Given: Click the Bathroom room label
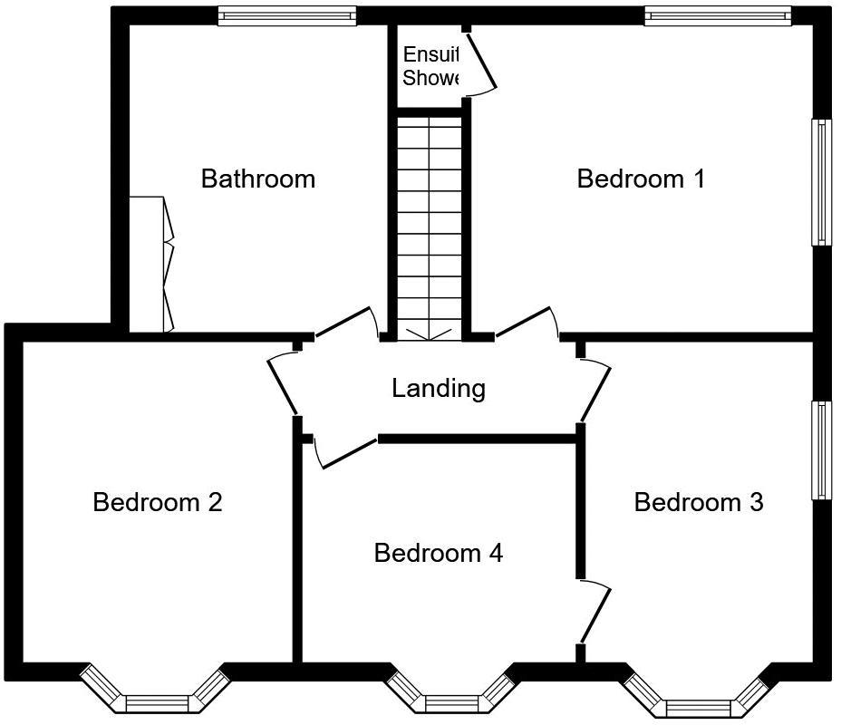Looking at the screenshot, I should click(x=258, y=179).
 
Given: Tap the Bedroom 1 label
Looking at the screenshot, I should click(x=641, y=179).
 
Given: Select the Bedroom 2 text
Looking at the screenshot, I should click(x=158, y=501).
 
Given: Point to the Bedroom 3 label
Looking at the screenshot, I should click(x=699, y=501).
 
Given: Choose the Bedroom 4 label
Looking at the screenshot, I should click(x=439, y=552).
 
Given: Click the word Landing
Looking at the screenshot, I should click(x=439, y=389).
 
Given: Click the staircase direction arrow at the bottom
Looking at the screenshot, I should click(x=430, y=334).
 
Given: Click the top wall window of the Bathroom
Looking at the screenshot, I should click(x=287, y=14).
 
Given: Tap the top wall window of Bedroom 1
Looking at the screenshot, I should click(x=718, y=14).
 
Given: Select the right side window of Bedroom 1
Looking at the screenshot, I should click(x=821, y=181).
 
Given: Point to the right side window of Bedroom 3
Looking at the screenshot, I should click(x=821, y=449).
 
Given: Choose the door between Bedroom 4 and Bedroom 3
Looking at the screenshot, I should click(x=594, y=614).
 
